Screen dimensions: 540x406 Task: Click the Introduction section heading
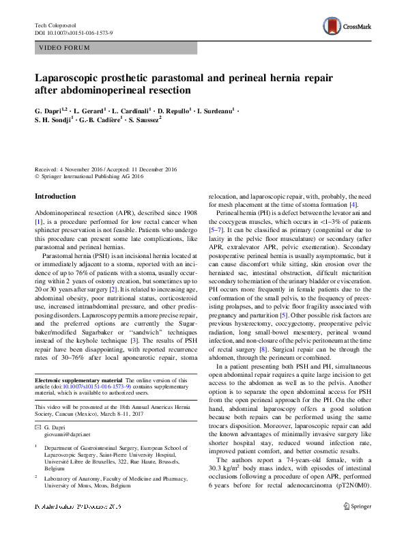pyautogui.click(x=55, y=196)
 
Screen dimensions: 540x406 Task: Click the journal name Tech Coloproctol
pyautogui.click(x=57, y=25)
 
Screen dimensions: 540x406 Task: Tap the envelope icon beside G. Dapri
pyautogui.click(x=38, y=426)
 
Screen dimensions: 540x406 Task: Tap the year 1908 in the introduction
pyautogui.click(x=186, y=214)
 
